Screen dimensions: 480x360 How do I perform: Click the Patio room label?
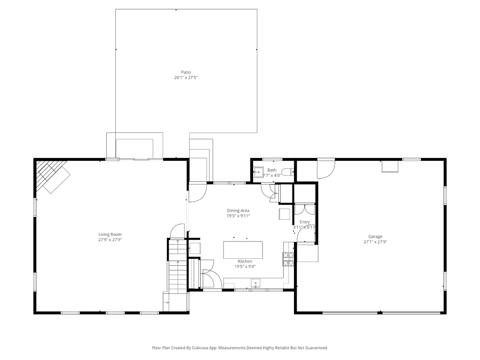point(186,72)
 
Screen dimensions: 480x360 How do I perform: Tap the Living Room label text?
point(110,234)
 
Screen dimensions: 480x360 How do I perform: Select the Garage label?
point(375,236)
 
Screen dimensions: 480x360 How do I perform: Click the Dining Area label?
point(238,210)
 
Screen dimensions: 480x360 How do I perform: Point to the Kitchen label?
point(245,261)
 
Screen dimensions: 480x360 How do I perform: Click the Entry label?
point(305,222)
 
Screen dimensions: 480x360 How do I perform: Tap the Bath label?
point(272,170)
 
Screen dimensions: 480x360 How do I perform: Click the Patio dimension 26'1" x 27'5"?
point(186,78)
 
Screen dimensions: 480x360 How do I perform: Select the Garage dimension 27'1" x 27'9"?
point(375,242)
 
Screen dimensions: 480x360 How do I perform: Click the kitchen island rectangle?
point(243,250)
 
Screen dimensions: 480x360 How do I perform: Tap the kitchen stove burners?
point(288,259)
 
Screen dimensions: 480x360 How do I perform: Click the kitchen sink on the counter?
point(255,284)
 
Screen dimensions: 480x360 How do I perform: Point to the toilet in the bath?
point(287,172)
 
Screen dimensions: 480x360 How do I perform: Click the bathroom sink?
point(259,172)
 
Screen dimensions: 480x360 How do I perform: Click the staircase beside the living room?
point(177,266)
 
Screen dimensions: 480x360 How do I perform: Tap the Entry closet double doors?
point(305,210)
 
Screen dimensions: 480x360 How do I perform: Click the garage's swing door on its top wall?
point(326,168)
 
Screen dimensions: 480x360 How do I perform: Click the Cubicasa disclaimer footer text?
point(240,348)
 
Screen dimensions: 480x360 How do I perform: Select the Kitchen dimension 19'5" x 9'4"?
point(245,267)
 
